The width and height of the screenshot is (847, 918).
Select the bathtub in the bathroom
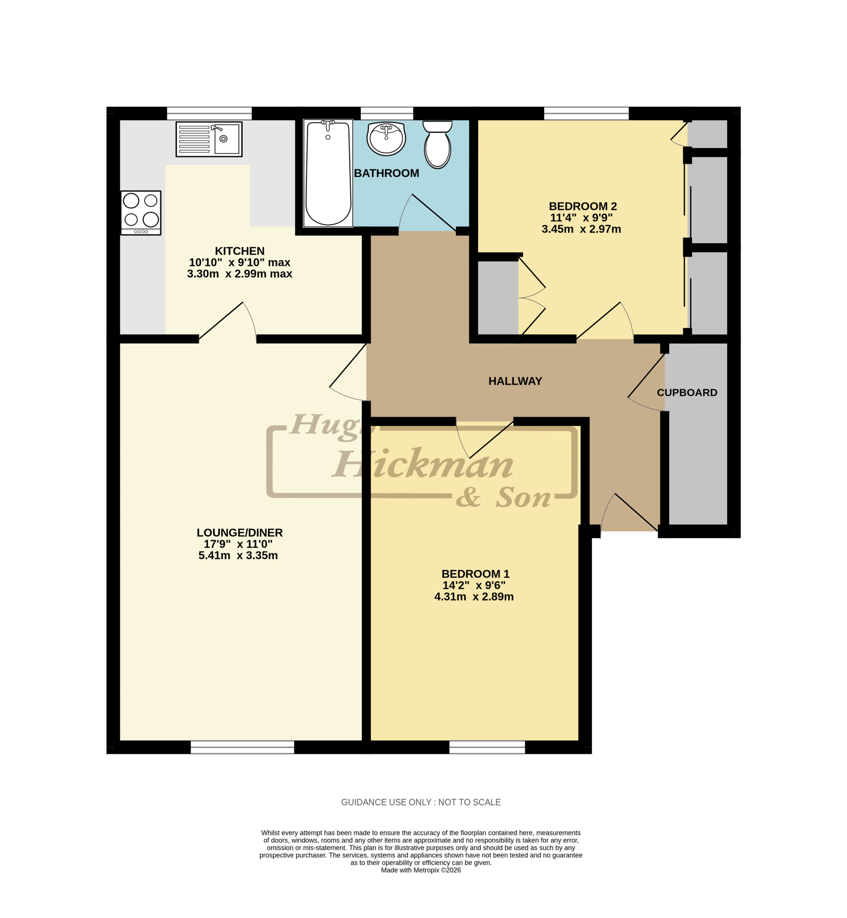[328, 173]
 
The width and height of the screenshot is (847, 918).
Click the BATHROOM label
[386, 173]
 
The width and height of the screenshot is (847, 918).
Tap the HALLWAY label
[515, 381]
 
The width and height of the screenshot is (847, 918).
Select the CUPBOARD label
[687, 393]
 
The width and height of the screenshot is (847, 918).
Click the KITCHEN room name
[240, 251]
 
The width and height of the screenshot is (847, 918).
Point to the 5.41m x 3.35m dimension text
[238, 555]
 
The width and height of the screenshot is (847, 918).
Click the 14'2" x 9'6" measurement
[474, 585]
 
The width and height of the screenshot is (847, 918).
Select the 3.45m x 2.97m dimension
[581, 229]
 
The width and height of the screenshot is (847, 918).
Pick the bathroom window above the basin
[387, 113]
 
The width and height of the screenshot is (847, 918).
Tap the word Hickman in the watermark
[423, 464]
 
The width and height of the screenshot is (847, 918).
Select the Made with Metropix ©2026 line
[421, 870]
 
